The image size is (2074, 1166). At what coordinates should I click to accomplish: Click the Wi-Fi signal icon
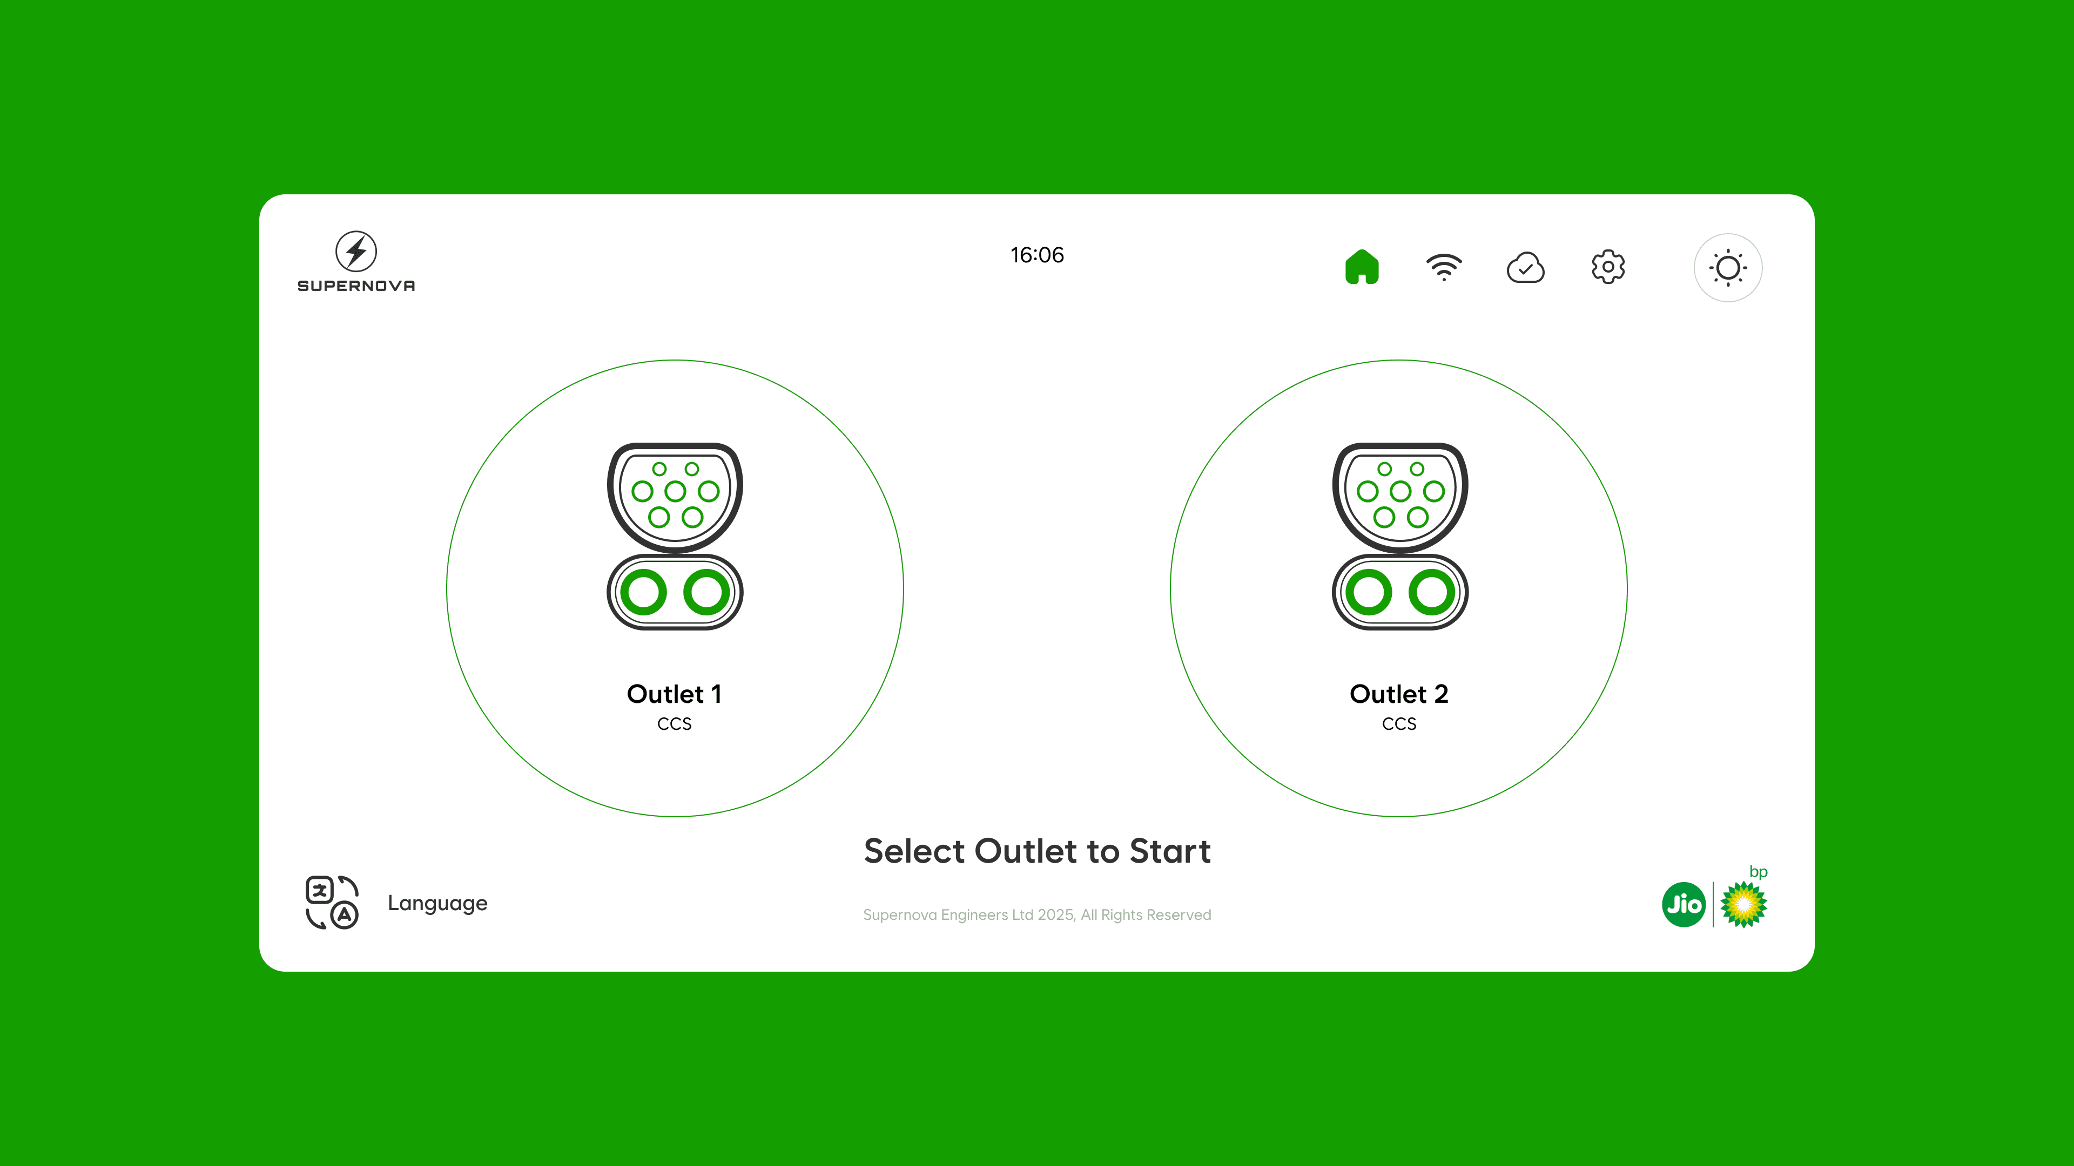(x=1444, y=268)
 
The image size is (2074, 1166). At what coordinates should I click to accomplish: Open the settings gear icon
(x=1608, y=266)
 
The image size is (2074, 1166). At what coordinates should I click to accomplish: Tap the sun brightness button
(x=1728, y=268)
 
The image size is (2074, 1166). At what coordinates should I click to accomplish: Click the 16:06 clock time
(x=1037, y=255)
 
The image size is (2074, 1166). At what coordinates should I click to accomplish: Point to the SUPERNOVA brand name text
(x=356, y=286)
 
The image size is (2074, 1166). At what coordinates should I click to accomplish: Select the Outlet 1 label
(x=675, y=694)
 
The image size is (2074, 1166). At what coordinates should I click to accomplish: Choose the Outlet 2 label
(x=1399, y=694)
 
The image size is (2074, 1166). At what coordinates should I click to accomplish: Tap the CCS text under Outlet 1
(x=675, y=723)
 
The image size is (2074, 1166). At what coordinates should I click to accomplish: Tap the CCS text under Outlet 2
(x=1399, y=723)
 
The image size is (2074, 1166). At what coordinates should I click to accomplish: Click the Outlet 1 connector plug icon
(x=675, y=536)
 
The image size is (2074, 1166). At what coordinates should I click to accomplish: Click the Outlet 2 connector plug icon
(x=1400, y=536)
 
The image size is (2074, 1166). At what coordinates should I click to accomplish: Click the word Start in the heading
(x=1170, y=851)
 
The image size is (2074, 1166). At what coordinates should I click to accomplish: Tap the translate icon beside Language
(x=332, y=902)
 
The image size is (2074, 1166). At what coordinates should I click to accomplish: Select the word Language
(x=437, y=904)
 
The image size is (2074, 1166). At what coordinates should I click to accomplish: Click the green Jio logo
(x=1684, y=905)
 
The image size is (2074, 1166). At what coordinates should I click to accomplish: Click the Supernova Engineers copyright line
(x=1037, y=915)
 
